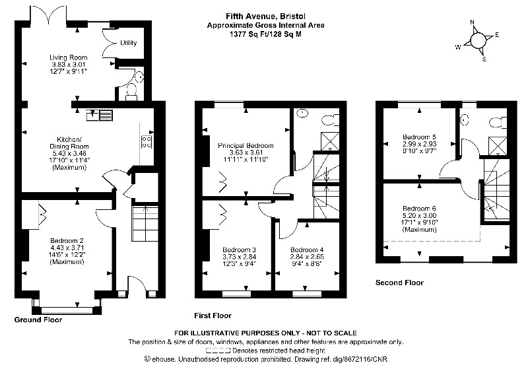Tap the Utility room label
pyautogui.click(x=129, y=44)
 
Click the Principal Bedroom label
pyautogui.click(x=246, y=145)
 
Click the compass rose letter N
pyautogui.click(x=472, y=21)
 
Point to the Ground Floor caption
pyautogui.click(x=38, y=320)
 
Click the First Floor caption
pyautogui.click(x=213, y=316)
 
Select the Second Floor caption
pyautogui.click(x=399, y=283)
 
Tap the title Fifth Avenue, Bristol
pyautogui.click(x=265, y=17)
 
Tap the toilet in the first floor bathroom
pyautogui.click(x=329, y=118)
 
